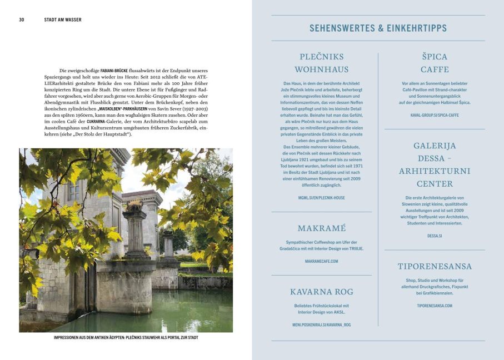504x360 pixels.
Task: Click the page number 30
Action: pyautogui.click(x=22, y=19)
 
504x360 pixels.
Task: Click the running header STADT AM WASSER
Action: pyautogui.click(x=63, y=19)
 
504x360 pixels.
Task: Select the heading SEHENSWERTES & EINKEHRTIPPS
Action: pyautogui.click(x=378, y=28)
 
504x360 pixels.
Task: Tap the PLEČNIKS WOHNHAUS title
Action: pyautogui.click(x=321, y=63)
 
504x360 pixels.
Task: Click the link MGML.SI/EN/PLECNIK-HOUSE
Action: pyautogui.click(x=321, y=197)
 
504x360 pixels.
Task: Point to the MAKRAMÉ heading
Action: pyautogui.click(x=321, y=228)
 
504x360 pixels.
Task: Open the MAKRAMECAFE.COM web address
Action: pyautogui.click(x=321, y=261)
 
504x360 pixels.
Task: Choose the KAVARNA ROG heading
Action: pyautogui.click(x=321, y=292)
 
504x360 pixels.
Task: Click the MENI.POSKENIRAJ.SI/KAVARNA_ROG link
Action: pyautogui.click(x=321, y=324)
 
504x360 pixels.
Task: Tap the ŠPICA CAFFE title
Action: pyautogui.click(x=434, y=63)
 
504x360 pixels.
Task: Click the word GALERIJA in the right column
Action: pyautogui.click(x=434, y=146)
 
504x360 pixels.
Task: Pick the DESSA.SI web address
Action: pyautogui.click(x=434, y=236)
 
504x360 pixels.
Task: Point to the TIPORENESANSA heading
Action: pyautogui.click(x=434, y=267)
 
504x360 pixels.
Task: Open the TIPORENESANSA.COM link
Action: pyautogui.click(x=434, y=306)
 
